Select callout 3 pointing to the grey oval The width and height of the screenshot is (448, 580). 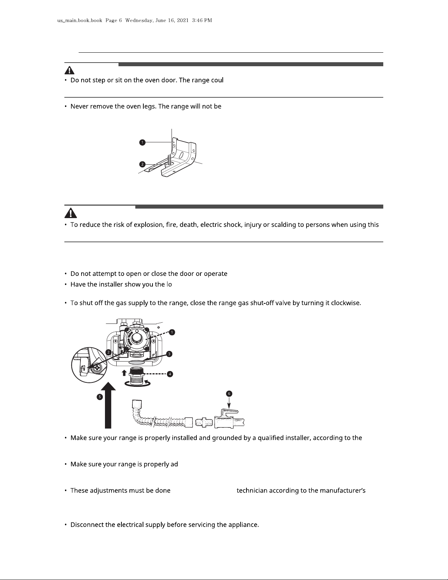(169, 354)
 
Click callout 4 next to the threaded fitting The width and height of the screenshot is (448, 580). (169, 374)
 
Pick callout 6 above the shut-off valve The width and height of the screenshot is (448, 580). (229, 394)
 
